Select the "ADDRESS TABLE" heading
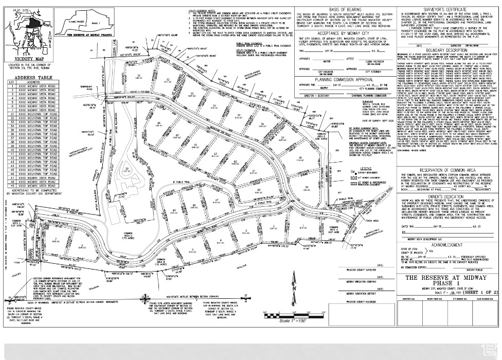point(32,77)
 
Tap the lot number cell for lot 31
point(9,113)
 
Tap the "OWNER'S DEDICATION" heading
point(439,195)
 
